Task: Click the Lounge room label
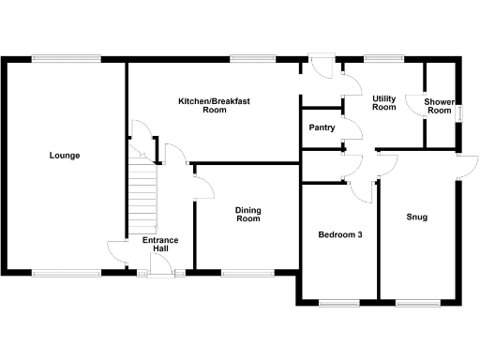64,156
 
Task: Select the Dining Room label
247,214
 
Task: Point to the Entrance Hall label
159,245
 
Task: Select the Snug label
417,217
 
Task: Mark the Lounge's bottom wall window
66,273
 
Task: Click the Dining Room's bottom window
247,273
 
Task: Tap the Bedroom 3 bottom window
338,303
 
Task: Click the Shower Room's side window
459,112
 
